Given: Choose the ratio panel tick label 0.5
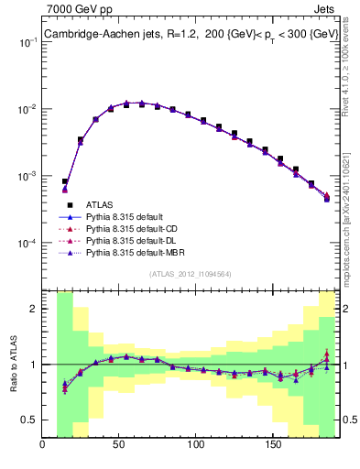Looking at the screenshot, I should tap(28, 420).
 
